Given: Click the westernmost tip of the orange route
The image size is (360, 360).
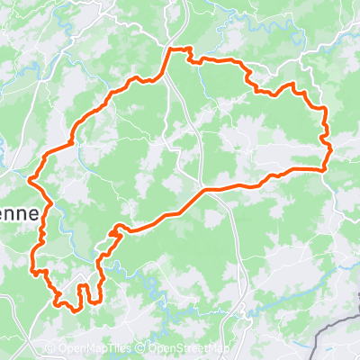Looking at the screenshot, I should tap(32, 179).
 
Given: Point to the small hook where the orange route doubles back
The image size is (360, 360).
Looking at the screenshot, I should tap(114, 230).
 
